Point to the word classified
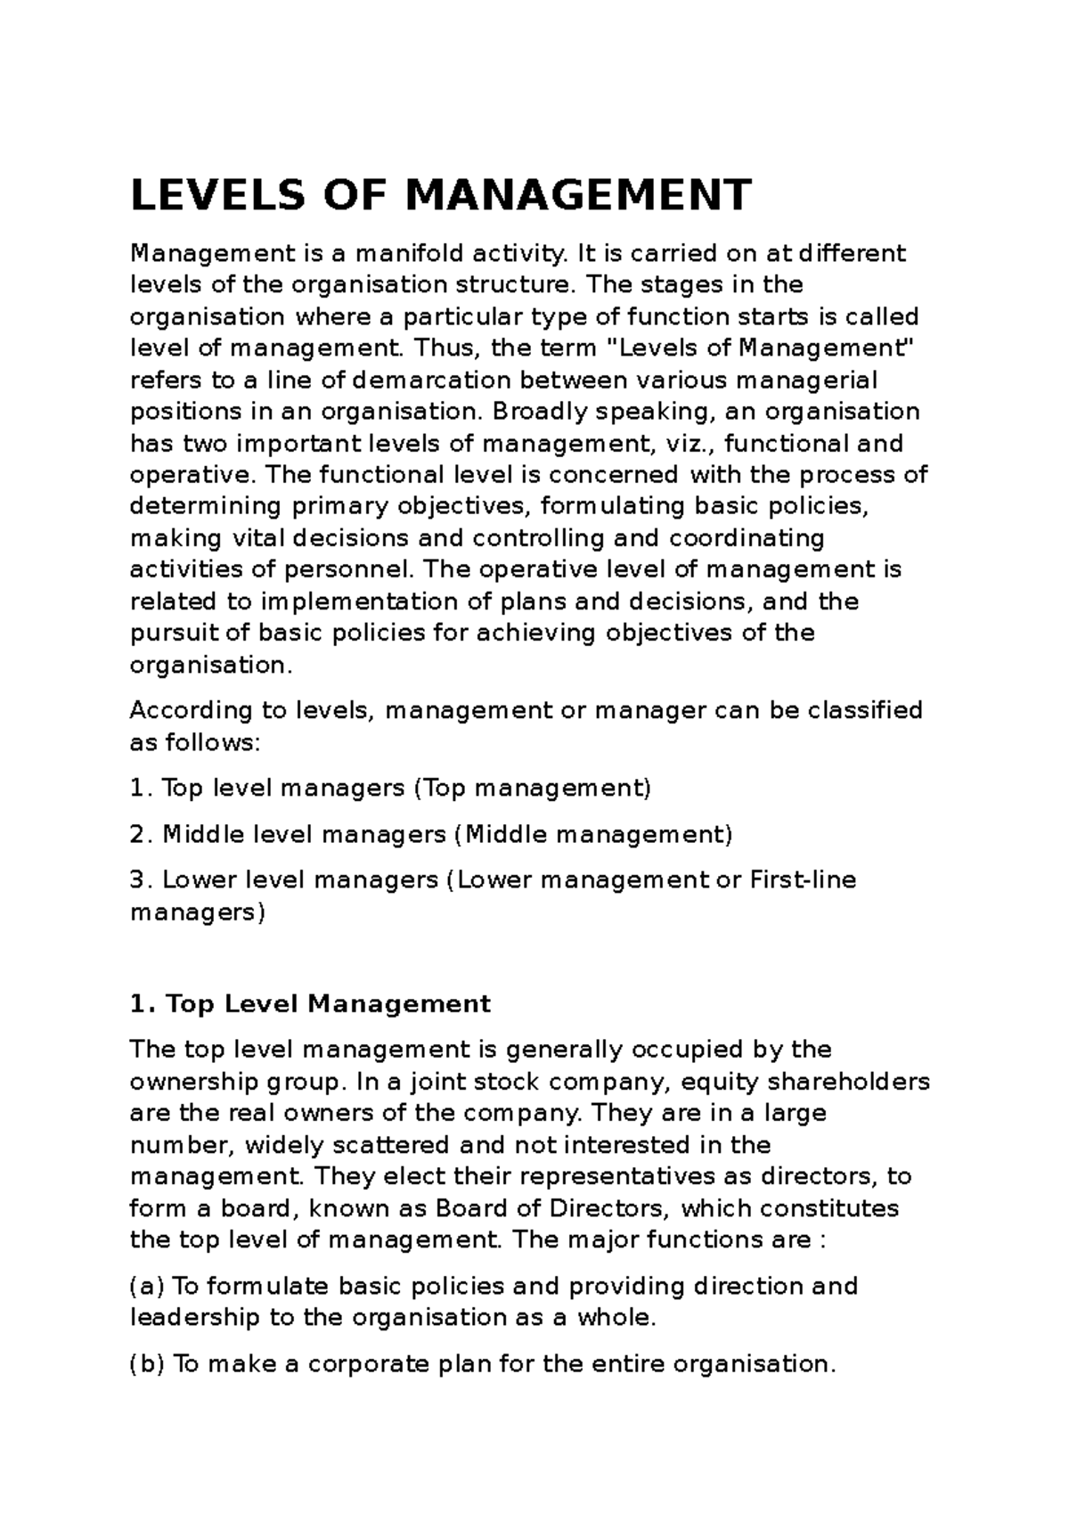[853, 711]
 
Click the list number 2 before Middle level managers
[137, 835]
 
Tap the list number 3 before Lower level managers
[137, 880]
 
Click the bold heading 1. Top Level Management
[310, 1004]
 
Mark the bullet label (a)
[147, 1287]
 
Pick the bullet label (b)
[147, 1364]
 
